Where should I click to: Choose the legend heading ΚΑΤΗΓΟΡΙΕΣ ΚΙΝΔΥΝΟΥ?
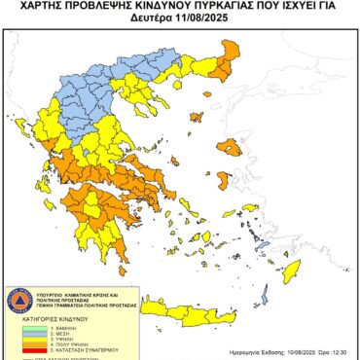click(51, 318)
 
